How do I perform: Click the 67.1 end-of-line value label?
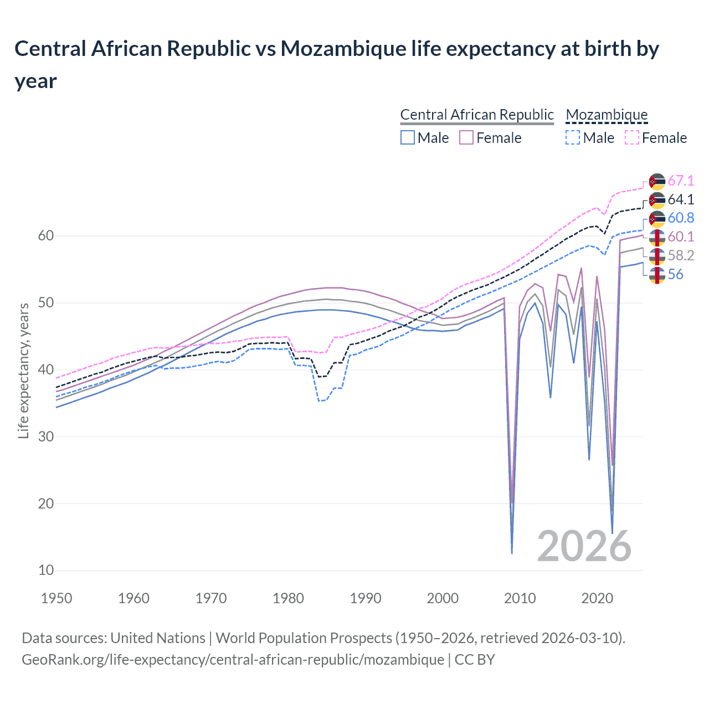681,181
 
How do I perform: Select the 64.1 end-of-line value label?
681,200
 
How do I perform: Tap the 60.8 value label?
681,218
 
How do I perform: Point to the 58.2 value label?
681,255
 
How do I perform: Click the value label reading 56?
675,274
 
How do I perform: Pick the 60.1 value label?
681,237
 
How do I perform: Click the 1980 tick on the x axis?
289,598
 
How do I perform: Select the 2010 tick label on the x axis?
520,598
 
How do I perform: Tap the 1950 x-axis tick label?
57,598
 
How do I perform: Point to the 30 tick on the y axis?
46,436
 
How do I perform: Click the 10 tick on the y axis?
46,571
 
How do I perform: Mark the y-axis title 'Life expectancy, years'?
23,371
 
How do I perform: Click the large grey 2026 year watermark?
584,546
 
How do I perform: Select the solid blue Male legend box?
408,137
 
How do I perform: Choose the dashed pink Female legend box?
631,137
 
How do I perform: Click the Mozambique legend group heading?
607,115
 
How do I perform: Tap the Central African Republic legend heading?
477,115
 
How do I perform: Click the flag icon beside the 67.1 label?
657,182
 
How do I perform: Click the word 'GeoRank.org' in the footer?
64,660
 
